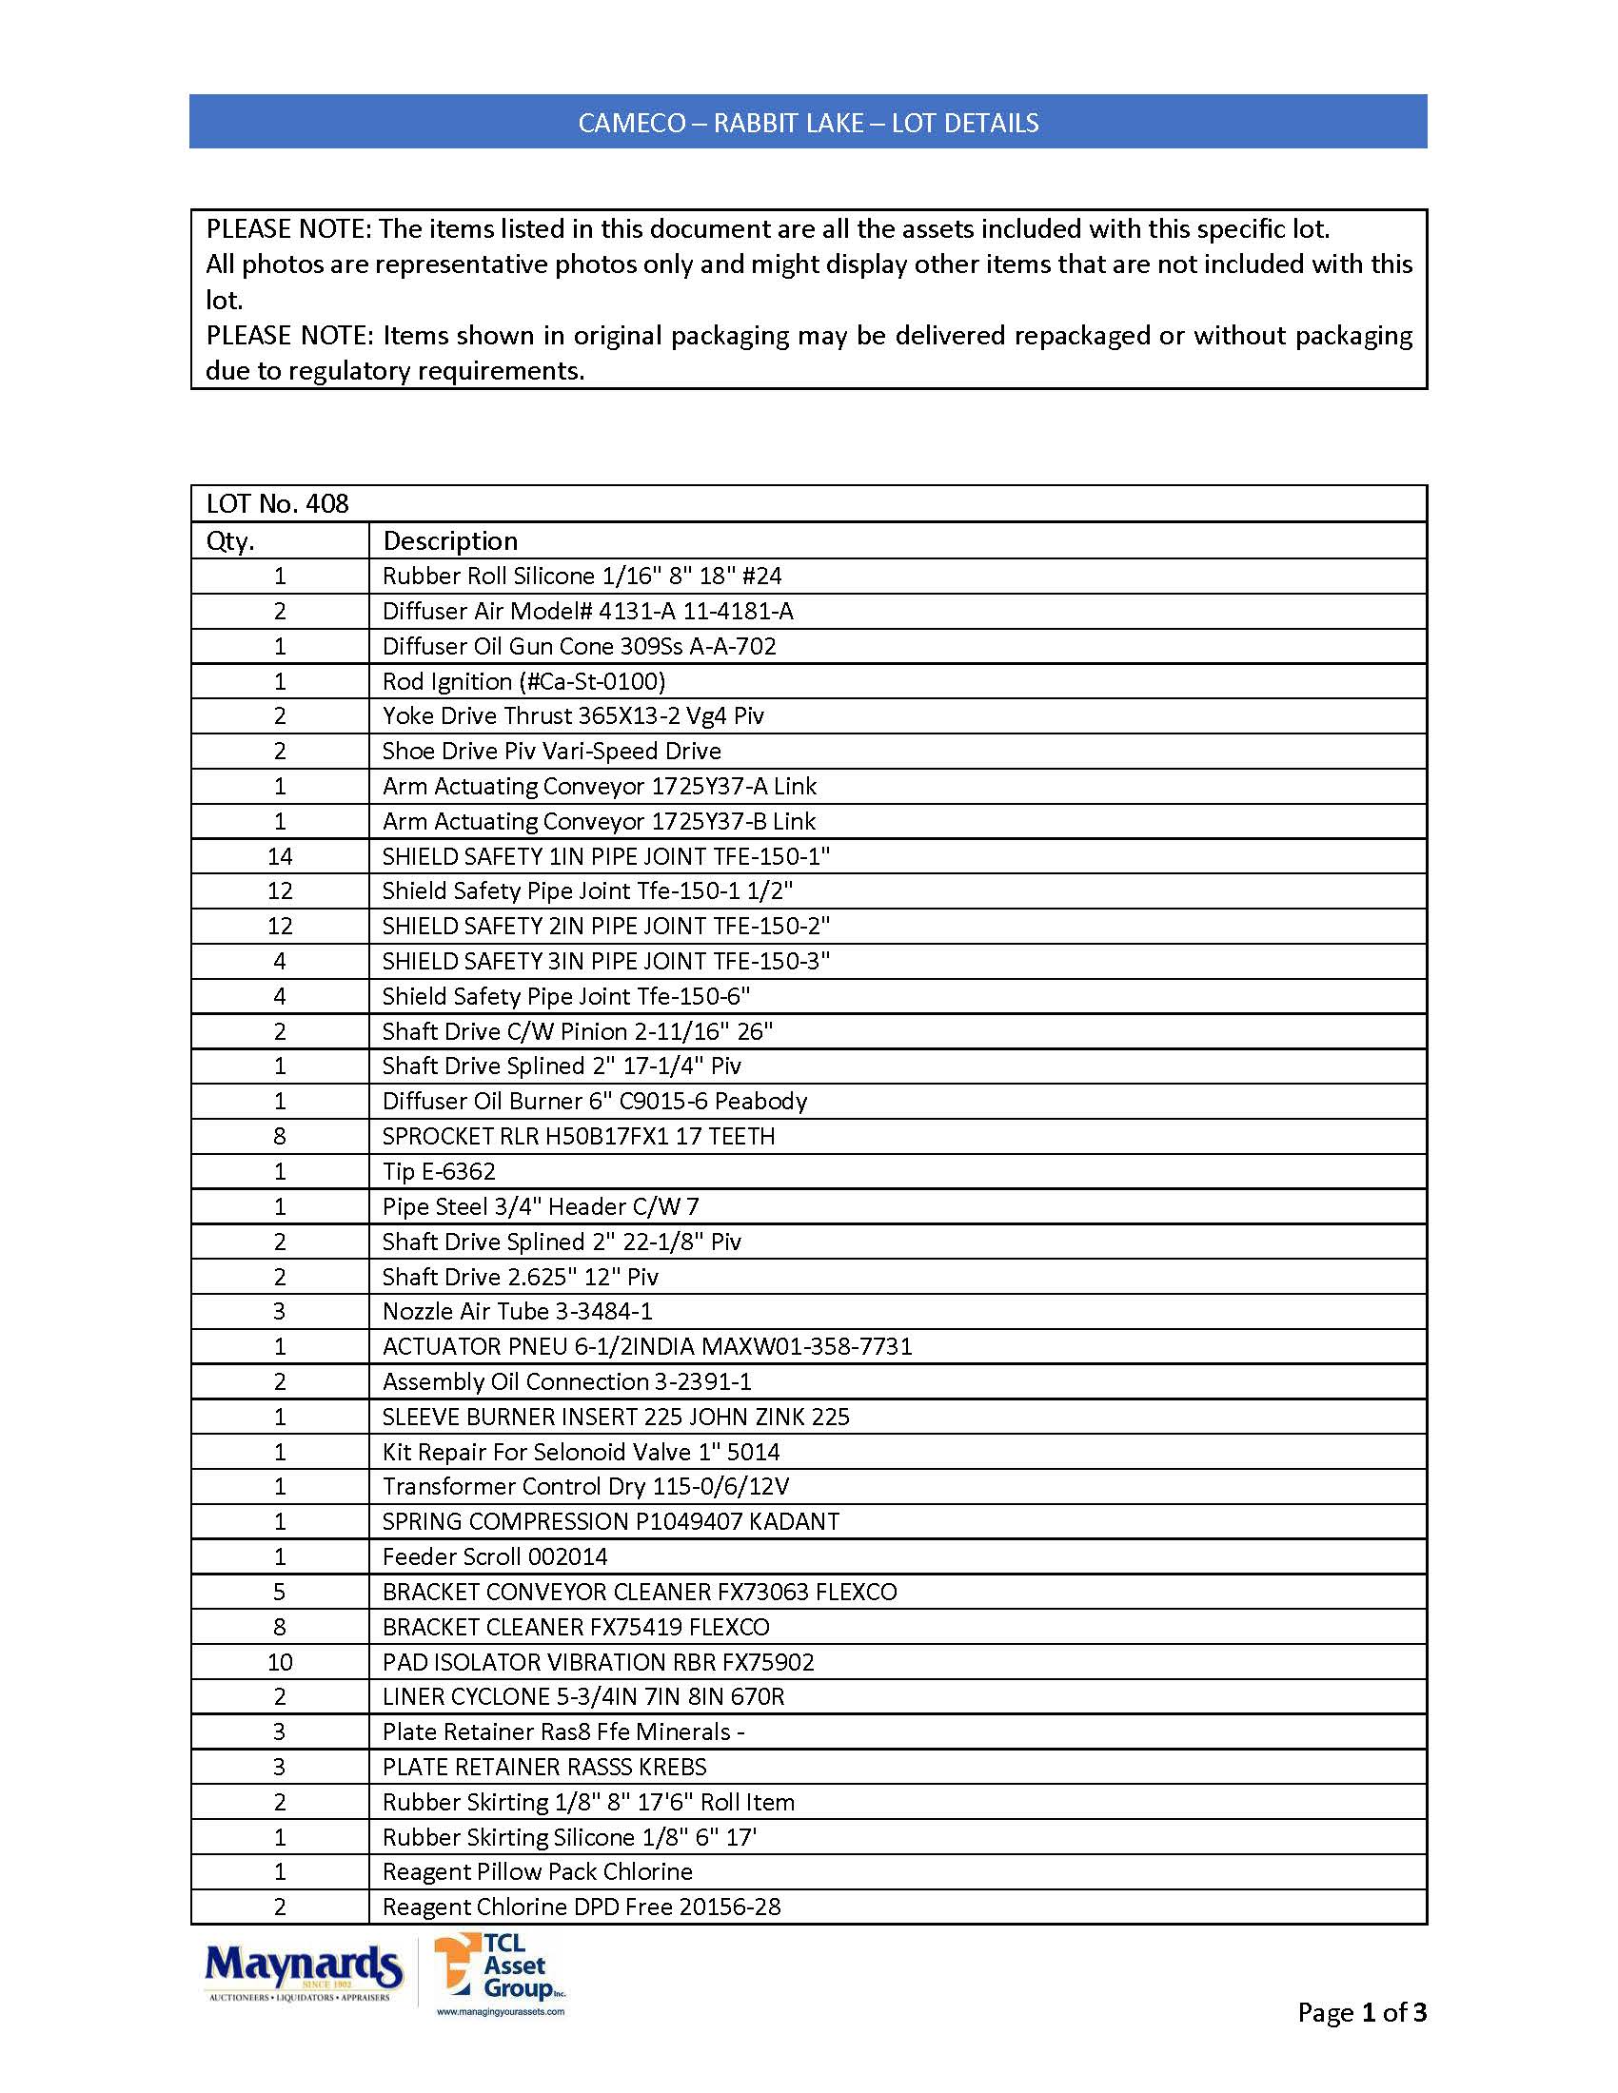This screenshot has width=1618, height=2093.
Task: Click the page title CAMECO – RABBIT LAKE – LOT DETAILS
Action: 808,123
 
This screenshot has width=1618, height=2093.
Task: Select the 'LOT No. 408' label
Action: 278,504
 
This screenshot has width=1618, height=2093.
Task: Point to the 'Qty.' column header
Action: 231,541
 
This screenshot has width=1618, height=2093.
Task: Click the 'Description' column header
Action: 450,541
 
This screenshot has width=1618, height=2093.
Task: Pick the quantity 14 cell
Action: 280,857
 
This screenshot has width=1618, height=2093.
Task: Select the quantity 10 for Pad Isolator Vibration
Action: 280,1663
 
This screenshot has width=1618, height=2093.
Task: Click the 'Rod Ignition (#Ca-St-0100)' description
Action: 523,681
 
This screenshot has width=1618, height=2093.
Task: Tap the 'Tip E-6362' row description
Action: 439,1172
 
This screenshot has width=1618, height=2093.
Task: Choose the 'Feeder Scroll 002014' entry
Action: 495,1557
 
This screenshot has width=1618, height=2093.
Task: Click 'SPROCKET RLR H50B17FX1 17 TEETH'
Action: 579,1137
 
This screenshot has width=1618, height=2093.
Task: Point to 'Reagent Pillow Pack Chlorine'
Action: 537,1872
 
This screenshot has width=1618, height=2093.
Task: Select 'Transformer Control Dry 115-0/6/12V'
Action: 585,1487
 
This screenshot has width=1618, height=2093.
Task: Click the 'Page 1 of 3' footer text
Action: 1361,2012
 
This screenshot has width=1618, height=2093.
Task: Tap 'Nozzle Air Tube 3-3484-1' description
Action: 518,1312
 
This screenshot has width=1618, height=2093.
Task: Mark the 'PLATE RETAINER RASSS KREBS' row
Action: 544,1768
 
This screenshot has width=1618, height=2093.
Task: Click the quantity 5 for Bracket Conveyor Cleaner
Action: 280,1593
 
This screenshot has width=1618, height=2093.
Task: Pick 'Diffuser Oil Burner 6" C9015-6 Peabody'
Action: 594,1102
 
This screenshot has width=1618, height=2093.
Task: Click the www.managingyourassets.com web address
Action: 501,2011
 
